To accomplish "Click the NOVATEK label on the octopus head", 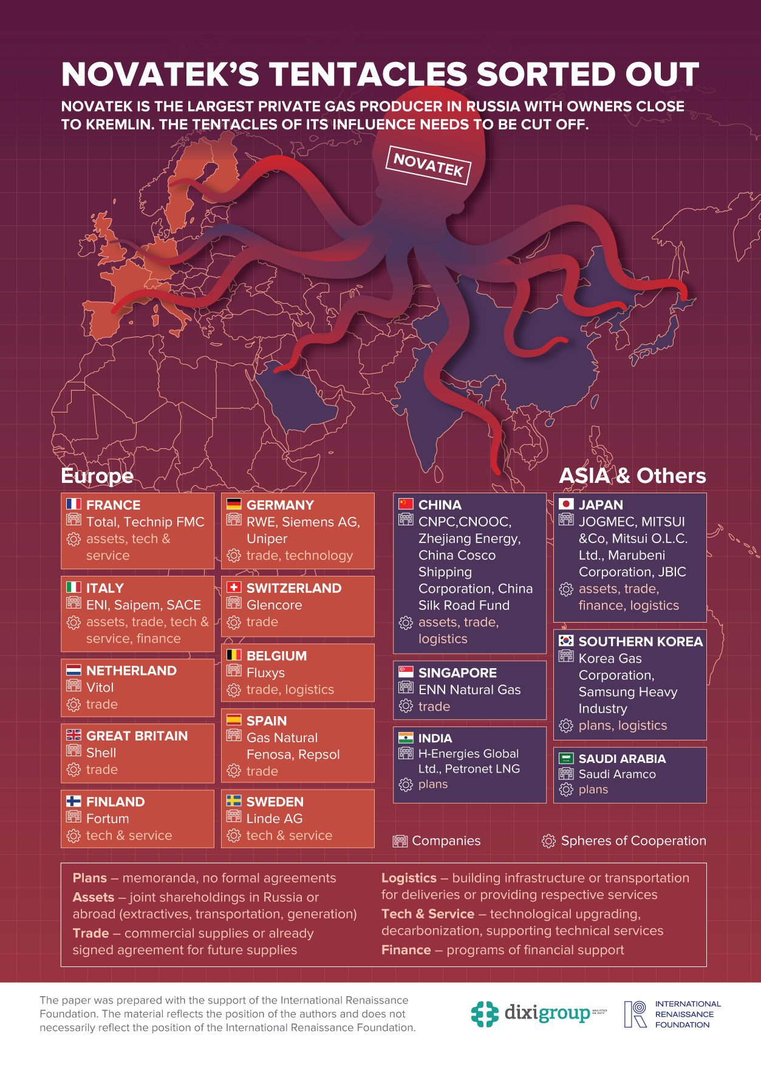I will coord(428,165).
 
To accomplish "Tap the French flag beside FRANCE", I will coord(73,504).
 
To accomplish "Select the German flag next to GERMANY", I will coord(234,504).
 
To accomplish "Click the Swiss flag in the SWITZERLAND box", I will coord(234,587).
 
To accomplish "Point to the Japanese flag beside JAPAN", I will coord(566,504).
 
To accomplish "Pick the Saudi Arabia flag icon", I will coord(566,758).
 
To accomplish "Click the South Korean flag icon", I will coord(566,640).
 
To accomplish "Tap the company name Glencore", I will coord(274,605).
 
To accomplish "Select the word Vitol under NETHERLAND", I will coord(100,688).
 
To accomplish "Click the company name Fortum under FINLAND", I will coord(107,819).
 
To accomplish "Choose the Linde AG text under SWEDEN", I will coord(274,819).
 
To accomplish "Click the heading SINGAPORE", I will coord(457,673).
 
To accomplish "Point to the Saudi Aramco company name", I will coord(617,774).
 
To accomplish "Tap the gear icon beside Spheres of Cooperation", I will coord(548,841).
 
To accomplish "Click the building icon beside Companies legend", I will coord(400,841).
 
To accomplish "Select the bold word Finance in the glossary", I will coord(406,950).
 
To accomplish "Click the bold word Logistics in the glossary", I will coord(409,878).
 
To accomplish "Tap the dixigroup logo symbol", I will coord(485,1014).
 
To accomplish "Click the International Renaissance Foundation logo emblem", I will coord(635,1014).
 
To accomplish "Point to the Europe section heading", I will coord(97,476).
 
